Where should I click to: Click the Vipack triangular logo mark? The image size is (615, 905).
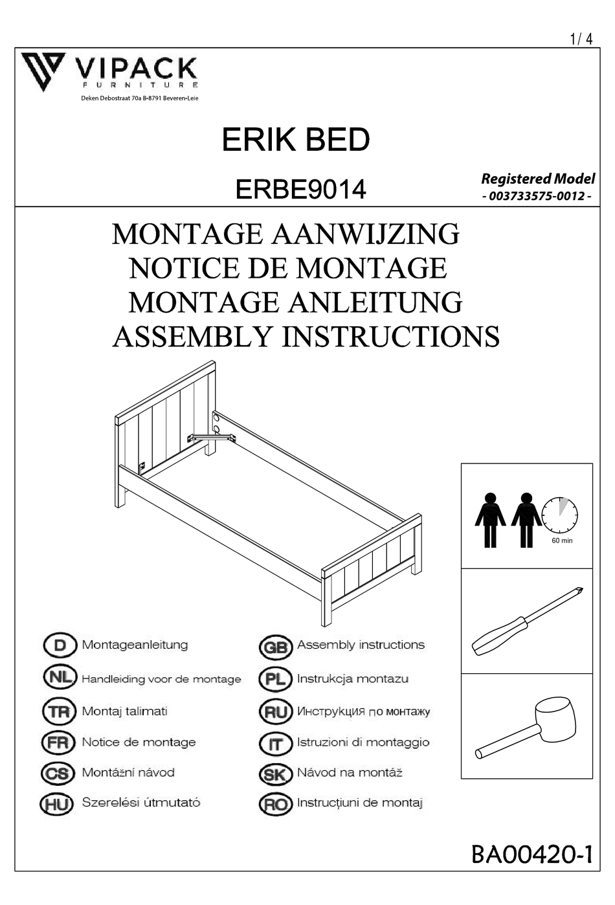[x=43, y=71]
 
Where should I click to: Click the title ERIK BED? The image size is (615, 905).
[x=296, y=140]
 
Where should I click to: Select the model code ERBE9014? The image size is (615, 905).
[x=301, y=190]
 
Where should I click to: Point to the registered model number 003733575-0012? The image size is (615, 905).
[x=537, y=196]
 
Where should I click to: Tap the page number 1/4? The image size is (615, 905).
[x=581, y=39]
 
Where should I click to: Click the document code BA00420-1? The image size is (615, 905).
[x=531, y=855]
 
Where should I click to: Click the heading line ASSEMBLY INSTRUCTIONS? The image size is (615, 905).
[x=306, y=337]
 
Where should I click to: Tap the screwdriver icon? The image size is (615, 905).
[x=527, y=621]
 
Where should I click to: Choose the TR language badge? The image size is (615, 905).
[x=59, y=711]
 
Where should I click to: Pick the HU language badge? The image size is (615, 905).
[x=57, y=804]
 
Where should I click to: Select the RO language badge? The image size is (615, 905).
[x=275, y=804]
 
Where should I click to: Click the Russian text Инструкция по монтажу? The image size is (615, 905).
[x=363, y=711]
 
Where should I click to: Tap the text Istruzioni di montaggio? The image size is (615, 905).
[x=363, y=743]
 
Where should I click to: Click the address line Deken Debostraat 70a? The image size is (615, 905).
[x=139, y=98]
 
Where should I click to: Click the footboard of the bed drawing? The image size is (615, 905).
[x=372, y=563]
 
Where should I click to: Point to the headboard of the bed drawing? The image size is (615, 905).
[x=166, y=421]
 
